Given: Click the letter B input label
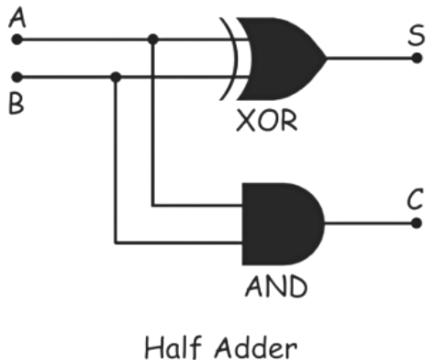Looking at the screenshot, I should click(16, 102).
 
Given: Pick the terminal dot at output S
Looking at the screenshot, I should click(418, 58).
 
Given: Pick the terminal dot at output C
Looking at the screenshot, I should click(418, 221).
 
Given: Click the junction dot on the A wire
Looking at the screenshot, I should click(153, 39).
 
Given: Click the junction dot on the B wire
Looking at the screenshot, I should click(115, 77).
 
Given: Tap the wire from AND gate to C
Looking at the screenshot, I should click(367, 221).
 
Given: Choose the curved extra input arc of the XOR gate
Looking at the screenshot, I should click(229, 58).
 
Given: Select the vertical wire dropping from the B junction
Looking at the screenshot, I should click(115, 165).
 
